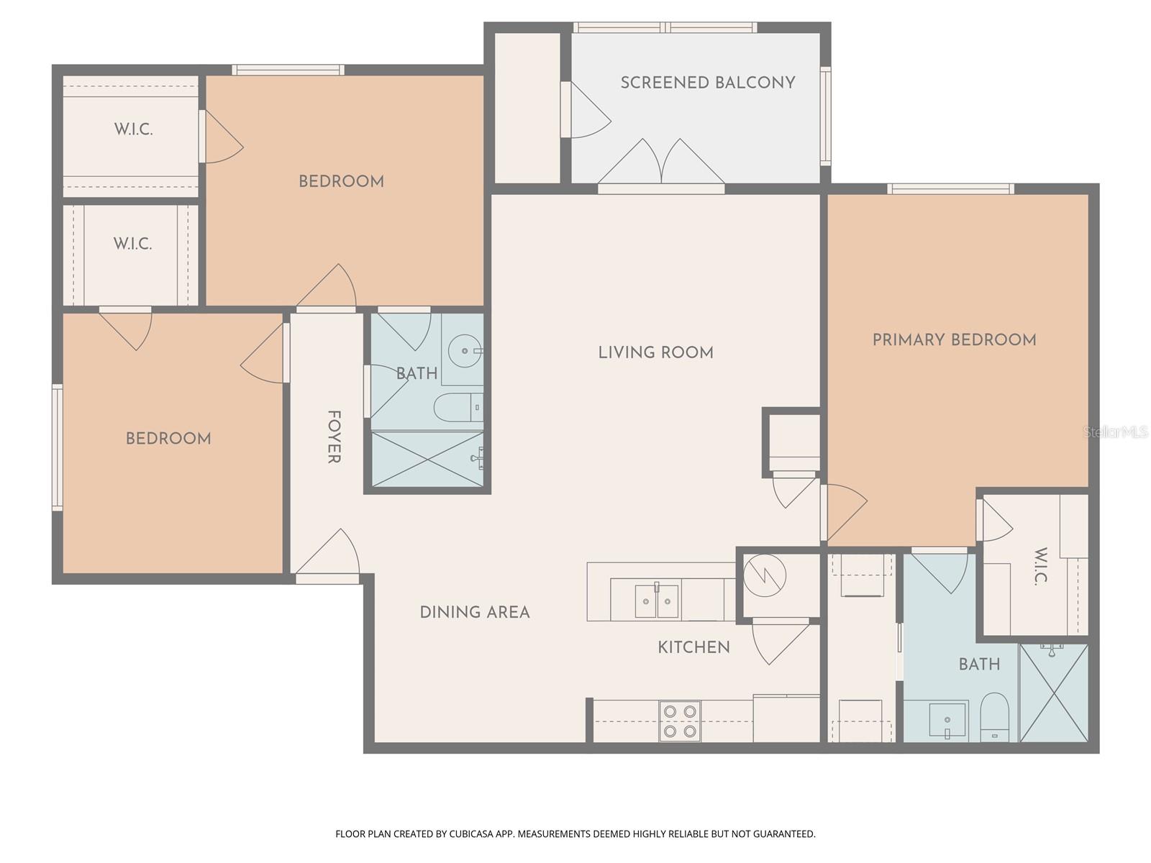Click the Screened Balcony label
[708, 83]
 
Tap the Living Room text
[655, 352]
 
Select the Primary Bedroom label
[954, 339]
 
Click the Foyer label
[334, 437]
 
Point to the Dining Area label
[475, 612]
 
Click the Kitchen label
[693, 647]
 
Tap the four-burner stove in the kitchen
[680, 721]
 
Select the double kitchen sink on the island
[656, 601]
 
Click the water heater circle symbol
[765, 575]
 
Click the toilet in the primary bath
[995, 716]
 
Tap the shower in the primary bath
[1053, 693]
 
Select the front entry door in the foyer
[328, 557]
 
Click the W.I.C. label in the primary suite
[1041, 566]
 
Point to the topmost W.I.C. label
[133, 130]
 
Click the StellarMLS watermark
[1115, 432]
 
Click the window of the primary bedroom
[950, 189]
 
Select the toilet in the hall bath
[458, 408]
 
